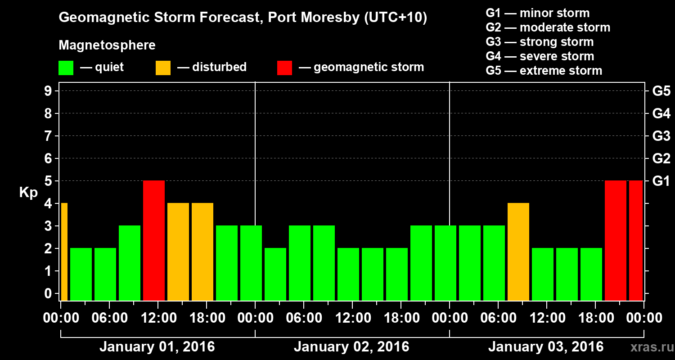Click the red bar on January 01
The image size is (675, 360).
pyautogui.click(x=154, y=240)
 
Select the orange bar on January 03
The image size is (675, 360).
pyautogui.click(x=518, y=252)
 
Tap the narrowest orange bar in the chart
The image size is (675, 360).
pyautogui.click(x=64, y=252)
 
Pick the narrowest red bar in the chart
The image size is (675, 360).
pyautogui.click(x=636, y=240)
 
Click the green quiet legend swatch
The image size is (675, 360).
pyautogui.click(x=66, y=68)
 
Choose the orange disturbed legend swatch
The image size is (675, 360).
pyautogui.click(x=163, y=68)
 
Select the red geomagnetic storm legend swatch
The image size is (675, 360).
pyautogui.click(x=284, y=68)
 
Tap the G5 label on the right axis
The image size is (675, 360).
pyautogui.click(x=661, y=91)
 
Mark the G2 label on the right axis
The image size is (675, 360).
pyautogui.click(x=661, y=158)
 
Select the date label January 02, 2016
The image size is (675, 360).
pyautogui.click(x=351, y=347)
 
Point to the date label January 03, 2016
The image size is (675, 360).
pyautogui.click(x=546, y=347)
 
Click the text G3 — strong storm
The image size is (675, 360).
pyautogui.click(x=540, y=42)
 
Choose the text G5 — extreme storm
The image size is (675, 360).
pyautogui.click(x=544, y=71)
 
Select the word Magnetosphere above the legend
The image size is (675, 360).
pyautogui.click(x=107, y=45)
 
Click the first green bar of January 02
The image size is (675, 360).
pyautogui.click(x=275, y=274)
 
